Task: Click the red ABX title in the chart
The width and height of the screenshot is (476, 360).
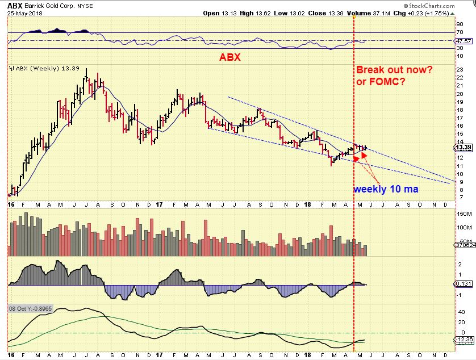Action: coord(230,57)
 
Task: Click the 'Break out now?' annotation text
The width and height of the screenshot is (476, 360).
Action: coord(393,70)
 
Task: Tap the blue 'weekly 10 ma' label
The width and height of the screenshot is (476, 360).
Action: coord(386,189)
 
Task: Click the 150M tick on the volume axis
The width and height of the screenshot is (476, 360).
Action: coord(463,214)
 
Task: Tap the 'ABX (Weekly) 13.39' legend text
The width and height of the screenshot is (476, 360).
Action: coord(37,69)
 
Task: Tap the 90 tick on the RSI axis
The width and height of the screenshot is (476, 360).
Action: coord(459,24)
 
